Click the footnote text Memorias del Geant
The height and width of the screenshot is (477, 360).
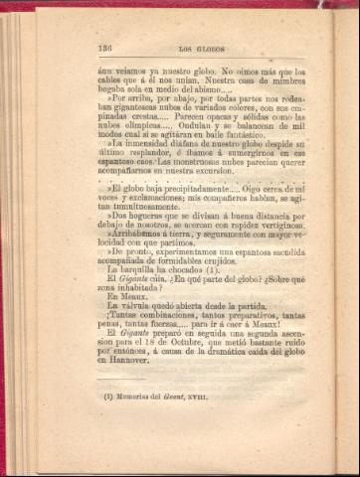159,425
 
